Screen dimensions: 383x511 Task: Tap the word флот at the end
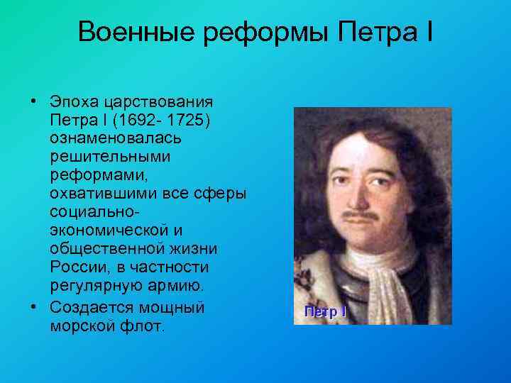click(145, 326)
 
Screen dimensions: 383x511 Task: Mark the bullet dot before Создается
click(34, 307)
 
